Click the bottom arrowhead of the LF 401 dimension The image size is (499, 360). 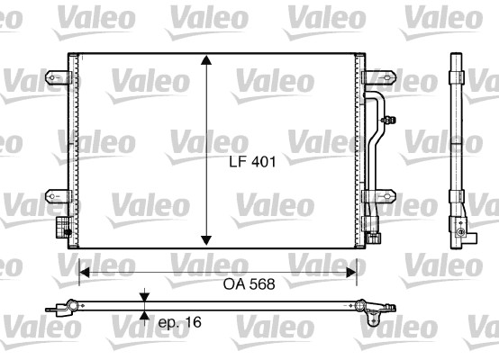207,239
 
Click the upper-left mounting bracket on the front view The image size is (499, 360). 59,78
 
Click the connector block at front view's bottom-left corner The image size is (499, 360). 62,226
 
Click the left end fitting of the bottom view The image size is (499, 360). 65,308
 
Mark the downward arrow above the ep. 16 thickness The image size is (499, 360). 144,296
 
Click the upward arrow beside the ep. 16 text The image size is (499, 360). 144,316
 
